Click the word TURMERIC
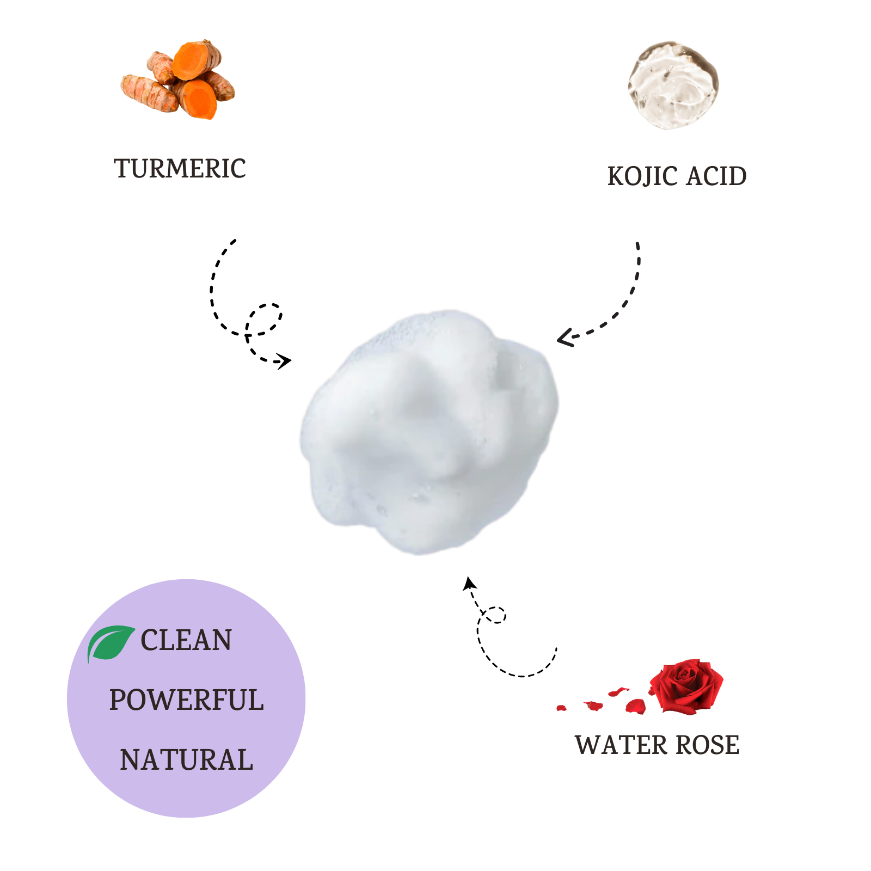[x=180, y=169]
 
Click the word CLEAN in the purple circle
[x=186, y=640]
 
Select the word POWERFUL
[x=186, y=700]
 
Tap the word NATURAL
[x=186, y=760]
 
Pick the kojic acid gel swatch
[x=673, y=85]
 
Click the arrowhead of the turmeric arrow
[x=285, y=361]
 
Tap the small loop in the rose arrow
[x=495, y=615]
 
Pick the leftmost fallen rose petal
[x=561, y=708]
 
